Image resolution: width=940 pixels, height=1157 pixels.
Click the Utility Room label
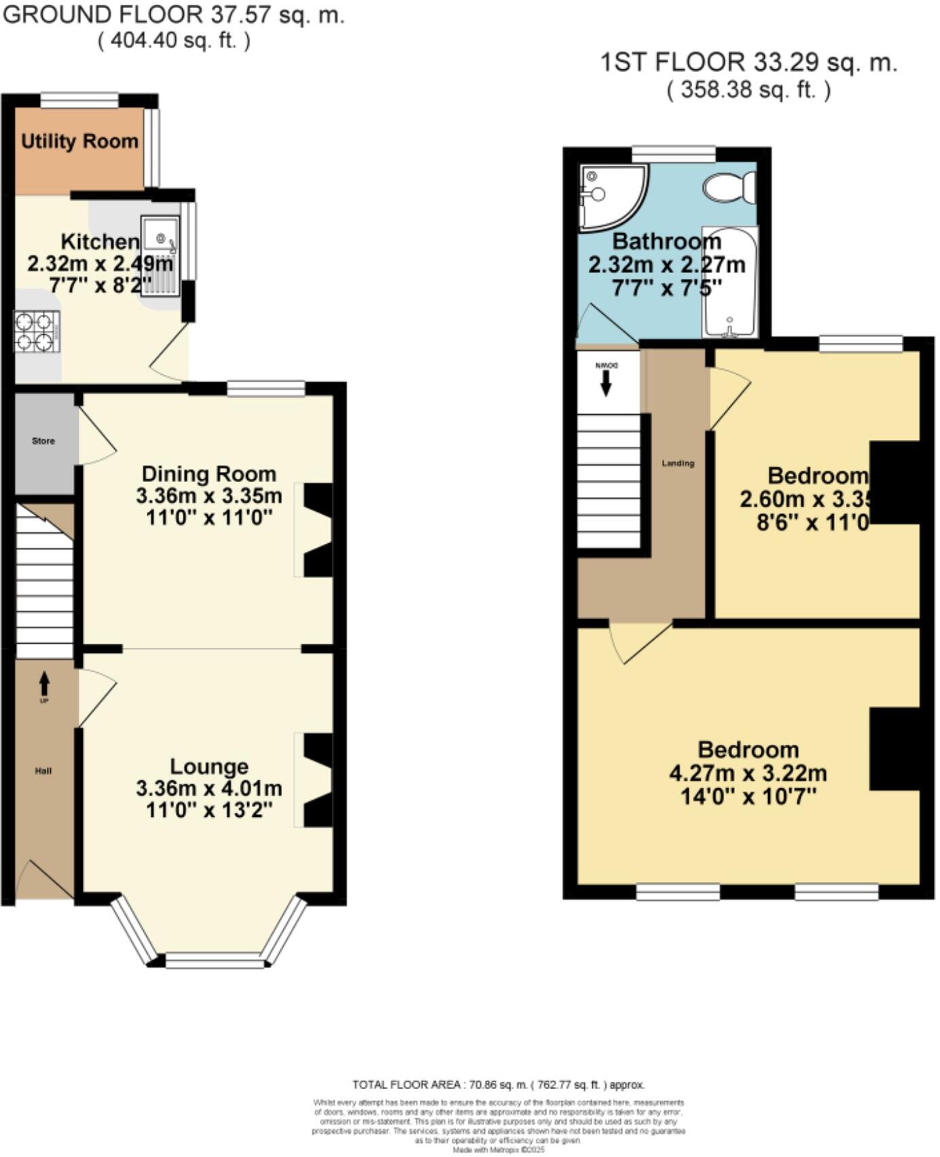pyautogui.click(x=79, y=141)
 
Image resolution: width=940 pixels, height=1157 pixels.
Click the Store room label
pyautogui.click(x=43, y=441)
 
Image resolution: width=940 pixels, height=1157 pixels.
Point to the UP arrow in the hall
pyautogui.click(x=44, y=682)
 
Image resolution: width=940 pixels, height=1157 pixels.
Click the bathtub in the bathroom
pyautogui.click(x=730, y=282)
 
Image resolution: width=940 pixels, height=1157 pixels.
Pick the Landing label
pyautogui.click(x=678, y=464)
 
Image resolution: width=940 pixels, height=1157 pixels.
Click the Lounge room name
pyautogui.click(x=209, y=767)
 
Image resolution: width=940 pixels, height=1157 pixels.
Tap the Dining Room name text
pyautogui.click(x=209, y=474)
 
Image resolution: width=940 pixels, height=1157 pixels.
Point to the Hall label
pyautogui.click(x=43, y=771)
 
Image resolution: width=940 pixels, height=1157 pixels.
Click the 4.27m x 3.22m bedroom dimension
pyautogui.click(x=748, y=773)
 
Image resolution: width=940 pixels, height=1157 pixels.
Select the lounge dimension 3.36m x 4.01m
pyautogui.click(x=209, y=788)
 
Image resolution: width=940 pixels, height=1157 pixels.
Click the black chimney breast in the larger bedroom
pyautogui.click(x=894, y=748)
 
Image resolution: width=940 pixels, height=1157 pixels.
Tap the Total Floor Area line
pyautogui.click(x=498, y=1084)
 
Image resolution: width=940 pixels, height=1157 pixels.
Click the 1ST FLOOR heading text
pyautogui.click(x=748, y=62)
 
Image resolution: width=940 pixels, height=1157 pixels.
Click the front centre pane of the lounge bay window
pyautogui.click(x=214, y=961)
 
